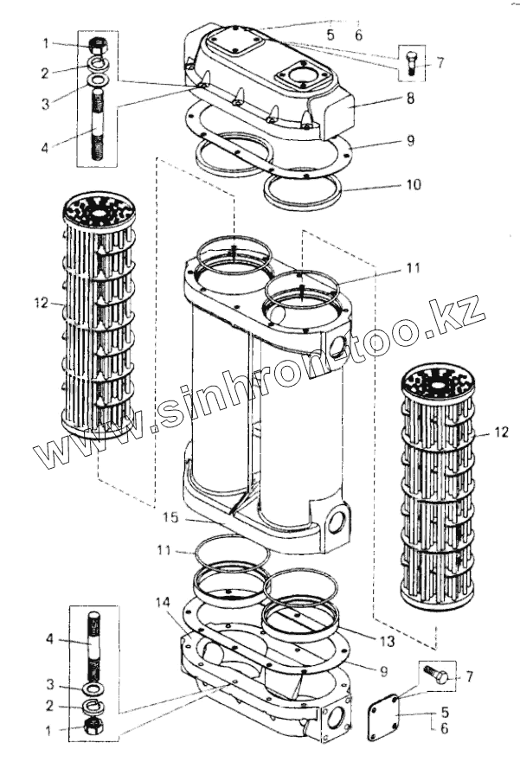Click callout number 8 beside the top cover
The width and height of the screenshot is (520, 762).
(x=411, y=99)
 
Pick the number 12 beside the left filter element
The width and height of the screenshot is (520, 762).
(x=38, y=304)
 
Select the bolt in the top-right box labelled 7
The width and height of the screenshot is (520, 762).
(x=412, y=62)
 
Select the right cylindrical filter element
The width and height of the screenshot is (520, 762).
(x=438, y=484)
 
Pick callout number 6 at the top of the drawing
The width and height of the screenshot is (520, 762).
(x=359, y=35)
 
